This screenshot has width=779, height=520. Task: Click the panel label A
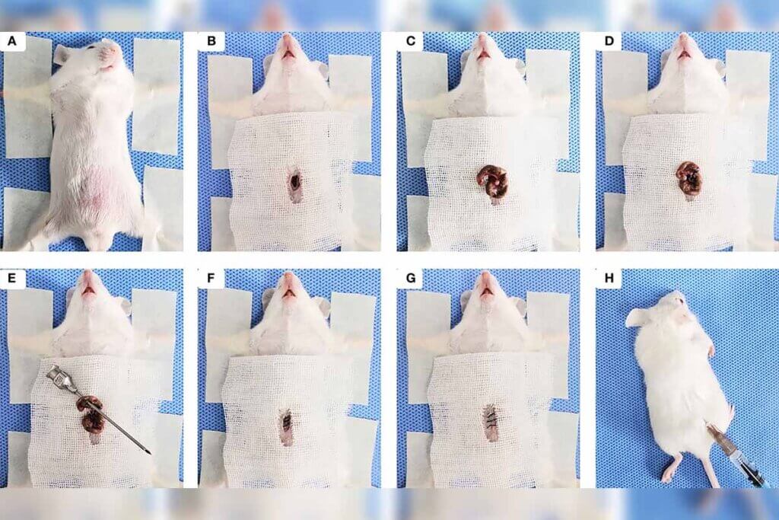(x=12, y=41)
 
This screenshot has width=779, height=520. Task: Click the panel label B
(x=211, y=41)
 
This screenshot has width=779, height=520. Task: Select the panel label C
(x=410, y=41)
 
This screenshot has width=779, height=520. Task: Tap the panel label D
(x=609, y=41)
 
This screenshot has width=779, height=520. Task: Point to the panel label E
(x=12, y=279)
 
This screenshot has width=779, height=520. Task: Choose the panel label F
(x=211, y=279)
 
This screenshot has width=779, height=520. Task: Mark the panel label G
(x=410, y=279)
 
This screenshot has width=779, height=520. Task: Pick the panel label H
(x=609, y=279)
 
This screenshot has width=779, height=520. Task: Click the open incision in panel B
(x=296, y=185)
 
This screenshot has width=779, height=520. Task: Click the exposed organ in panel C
(x=492, y=181)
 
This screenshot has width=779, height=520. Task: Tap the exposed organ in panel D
(x=688, y=178)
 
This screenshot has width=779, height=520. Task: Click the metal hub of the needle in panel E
(x=59, y=378)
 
